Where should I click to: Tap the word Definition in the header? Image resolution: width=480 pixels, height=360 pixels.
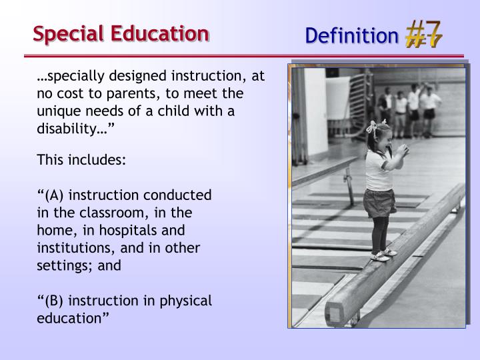coord(351,35)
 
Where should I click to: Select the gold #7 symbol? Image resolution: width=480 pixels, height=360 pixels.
coord(423,33)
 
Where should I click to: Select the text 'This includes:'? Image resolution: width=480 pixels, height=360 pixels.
coord(81,160)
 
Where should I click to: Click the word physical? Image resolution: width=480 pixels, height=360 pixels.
coord(184,301)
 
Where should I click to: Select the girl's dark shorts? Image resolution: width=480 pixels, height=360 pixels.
coord(379,203)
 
